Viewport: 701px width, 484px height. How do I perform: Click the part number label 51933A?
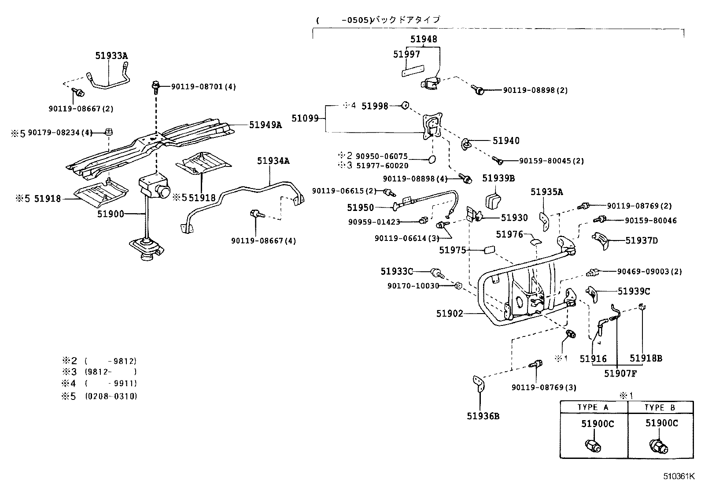[x=111, y=55]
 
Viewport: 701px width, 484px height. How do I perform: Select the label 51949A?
[x=265, y=125]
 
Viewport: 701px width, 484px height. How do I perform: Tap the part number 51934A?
[x=273, y=161]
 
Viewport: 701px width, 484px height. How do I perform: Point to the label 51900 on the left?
[x=111, y=214]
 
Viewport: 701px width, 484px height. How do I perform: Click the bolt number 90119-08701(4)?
[x=203, y=87]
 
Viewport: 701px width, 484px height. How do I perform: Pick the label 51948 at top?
[x=424, y=39]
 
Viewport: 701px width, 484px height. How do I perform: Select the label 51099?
[x=305, y=118]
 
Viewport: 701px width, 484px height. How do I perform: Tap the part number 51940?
[x=506, y=141]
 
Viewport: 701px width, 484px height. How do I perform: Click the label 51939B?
[x=498, y=178]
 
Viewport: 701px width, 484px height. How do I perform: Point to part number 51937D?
[x=642, y=240]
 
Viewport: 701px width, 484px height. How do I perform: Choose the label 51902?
[x=450, y=314]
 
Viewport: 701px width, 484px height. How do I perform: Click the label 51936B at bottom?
[x=483, y=416]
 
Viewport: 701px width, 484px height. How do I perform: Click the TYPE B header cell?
[x=660, y=407]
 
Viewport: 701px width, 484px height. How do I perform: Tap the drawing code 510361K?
[x=679, y=476]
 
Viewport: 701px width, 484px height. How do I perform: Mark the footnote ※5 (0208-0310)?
[x=99, y=396]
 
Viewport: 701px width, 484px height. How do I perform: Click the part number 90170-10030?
[x=413, y=286]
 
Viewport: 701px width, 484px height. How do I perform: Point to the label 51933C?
[x=397, y=271]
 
